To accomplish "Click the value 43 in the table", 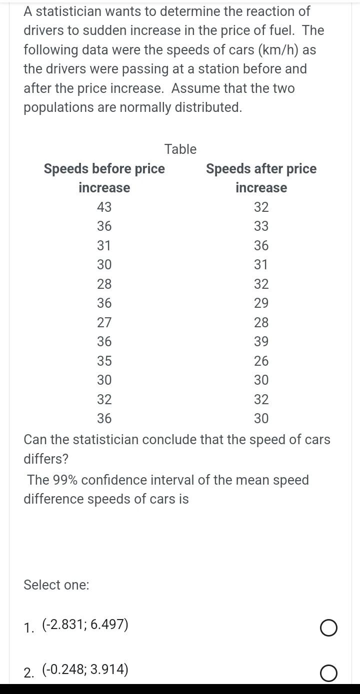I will point(104,207).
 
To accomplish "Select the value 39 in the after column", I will point(261,342).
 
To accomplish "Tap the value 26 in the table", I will point(261,361).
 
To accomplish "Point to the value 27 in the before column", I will point(104,322).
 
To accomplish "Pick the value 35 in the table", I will point(104,361).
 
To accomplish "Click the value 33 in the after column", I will point(261,226).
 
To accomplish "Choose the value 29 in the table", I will point(261,303).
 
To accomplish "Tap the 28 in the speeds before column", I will point(104,284).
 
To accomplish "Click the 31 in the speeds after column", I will point(261,265).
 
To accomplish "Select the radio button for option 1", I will point(328,628).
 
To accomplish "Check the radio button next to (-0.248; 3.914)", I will point(328,673).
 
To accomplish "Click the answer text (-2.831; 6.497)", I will point(85,625).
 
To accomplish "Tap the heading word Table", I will point(180,149).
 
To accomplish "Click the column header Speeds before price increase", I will point(104,178).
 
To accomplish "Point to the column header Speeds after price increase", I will point(261,178).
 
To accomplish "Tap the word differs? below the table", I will point(46,459).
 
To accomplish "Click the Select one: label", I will point(56,585).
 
